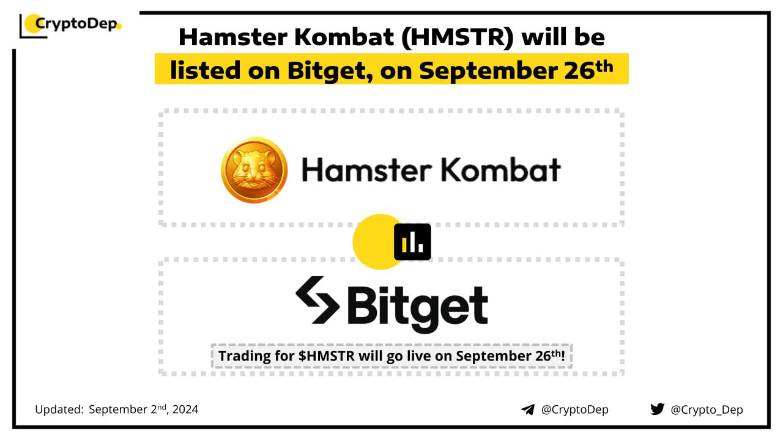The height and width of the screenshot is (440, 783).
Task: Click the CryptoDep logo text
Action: tap(76, 24)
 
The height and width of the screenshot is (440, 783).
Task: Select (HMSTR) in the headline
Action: tap(457, 38)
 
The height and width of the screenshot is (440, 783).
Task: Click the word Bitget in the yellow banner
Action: tap(330, 71)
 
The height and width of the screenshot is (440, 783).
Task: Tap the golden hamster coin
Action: tap(254, 170)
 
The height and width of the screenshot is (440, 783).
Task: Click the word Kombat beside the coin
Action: tap(501, 170)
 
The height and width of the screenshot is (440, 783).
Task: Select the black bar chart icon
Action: tap(412, 241)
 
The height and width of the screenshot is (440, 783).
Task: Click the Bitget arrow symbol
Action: tap(317, 299)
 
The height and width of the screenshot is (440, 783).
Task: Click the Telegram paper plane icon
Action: tap(528, 409)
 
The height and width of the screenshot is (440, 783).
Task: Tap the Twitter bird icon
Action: tap(657, 409)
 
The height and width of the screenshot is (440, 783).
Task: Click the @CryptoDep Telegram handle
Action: tap(574, 409)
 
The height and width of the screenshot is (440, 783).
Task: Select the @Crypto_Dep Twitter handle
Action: tap(707, 410)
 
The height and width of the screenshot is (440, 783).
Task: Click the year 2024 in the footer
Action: tap(185, 409)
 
